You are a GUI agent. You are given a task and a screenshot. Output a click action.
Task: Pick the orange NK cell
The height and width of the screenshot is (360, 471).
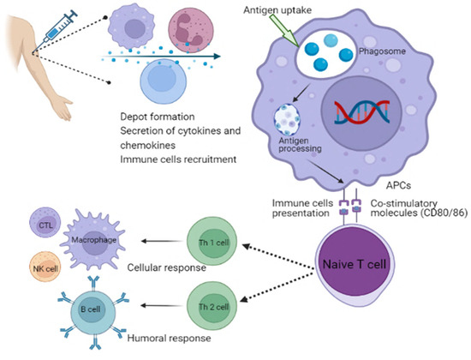tap(45, 267)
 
